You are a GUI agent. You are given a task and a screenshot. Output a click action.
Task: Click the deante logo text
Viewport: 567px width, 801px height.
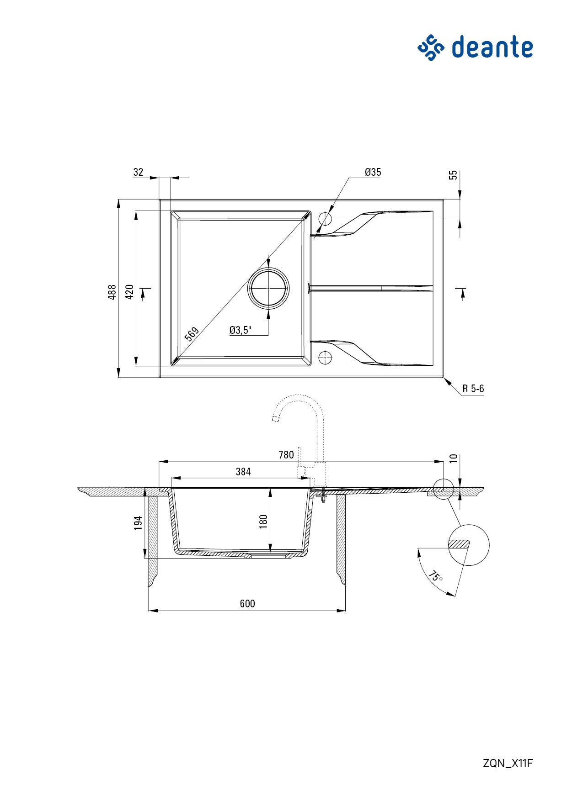point(492,47)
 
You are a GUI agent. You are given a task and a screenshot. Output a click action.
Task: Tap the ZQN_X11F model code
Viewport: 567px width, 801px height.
point(508,763)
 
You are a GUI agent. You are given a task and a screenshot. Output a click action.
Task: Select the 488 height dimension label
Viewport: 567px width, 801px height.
point(112,292)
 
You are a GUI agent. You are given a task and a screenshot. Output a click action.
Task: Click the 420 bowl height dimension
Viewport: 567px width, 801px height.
point(129,292)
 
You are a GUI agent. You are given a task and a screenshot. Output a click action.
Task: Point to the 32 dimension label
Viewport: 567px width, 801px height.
point(138,172)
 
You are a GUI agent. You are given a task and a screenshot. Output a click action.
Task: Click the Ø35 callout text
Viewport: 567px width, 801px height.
point(373,172)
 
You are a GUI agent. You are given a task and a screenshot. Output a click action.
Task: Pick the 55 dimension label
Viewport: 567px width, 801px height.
point(453,175)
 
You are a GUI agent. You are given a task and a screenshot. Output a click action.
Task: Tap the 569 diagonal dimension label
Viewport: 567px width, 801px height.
point(192,334)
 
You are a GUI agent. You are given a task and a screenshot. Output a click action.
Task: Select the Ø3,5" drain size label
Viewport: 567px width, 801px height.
point(240,330)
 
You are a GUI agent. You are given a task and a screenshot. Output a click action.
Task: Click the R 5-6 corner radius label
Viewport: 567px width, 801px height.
point(473,389)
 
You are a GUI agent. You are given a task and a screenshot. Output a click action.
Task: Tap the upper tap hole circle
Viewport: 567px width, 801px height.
point(325,219)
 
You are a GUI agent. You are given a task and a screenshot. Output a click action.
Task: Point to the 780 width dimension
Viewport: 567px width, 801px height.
point(286,455)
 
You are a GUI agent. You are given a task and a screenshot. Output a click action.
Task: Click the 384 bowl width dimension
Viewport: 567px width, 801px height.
point(243,472)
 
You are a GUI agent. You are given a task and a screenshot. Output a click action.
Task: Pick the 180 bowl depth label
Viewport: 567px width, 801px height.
point(263,522)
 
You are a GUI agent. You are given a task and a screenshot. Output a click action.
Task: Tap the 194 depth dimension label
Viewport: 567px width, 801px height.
point(138,523)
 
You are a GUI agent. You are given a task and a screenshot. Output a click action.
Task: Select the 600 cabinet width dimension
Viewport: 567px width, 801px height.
point(247,604)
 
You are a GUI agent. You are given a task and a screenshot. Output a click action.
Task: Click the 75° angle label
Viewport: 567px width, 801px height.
point(435,576)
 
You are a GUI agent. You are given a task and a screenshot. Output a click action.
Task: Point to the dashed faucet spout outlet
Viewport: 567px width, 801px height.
point(275,418)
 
